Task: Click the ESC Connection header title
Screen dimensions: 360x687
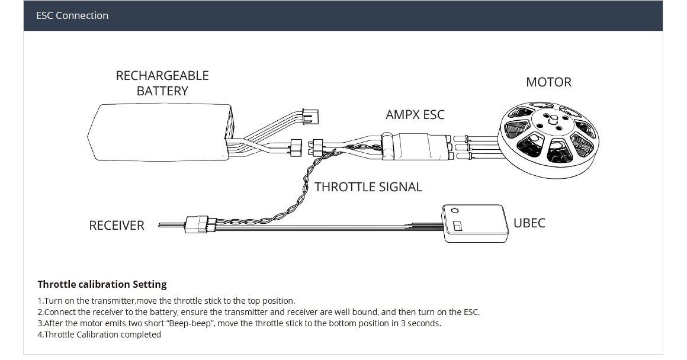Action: pyautogui.click(x=72, y=15)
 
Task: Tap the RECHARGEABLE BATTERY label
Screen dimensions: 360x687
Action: pyautogui.click(x=162, y=83)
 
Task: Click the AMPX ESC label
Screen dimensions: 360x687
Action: pyautogui.click(x=415, y=114)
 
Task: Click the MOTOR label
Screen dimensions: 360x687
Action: pyautogui.click(x=548, y=82)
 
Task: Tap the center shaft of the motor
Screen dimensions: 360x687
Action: pyautogui.click(x=554, y=120)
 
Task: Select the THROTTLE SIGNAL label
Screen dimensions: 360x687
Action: pyautogui.click(x=368, y=187)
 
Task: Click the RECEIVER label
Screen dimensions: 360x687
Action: pyautogui.click(x=117, y=226)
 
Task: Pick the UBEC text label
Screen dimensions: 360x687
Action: pyautogui.click(x=529, y=223)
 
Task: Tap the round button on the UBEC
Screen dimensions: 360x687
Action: pyautogui.click(x=454, y=210)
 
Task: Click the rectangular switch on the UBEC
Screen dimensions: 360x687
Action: pyautogui.click(x=457, y=226)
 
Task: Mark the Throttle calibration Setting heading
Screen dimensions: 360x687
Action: pyautogui.click(x=102, y=284)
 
